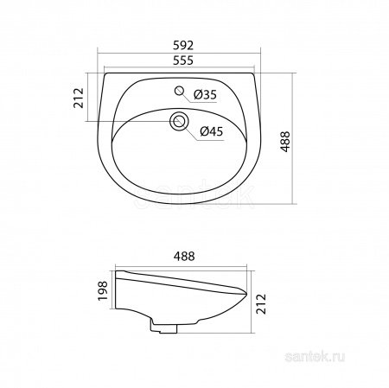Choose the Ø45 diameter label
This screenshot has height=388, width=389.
213,131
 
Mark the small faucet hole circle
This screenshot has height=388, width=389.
179,91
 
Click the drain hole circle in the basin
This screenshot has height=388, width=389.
179,122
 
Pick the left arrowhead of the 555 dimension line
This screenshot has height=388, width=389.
104,69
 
